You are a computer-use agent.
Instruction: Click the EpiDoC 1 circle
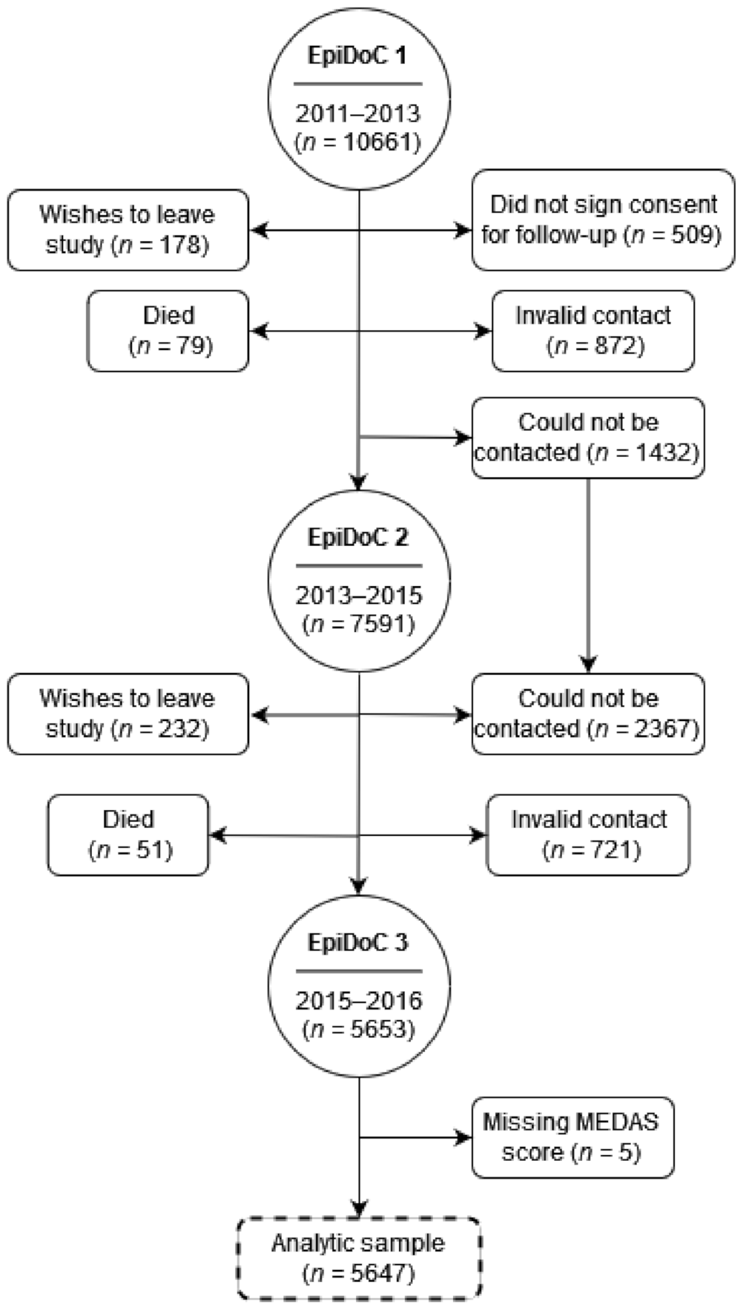coord(358,98)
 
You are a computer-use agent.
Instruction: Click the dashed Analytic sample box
coord(358,1258)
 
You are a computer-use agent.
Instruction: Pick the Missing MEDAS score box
coord(572,1137)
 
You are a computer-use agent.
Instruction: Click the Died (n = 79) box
coord(168,331)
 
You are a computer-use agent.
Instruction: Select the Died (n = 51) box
coord(128,834)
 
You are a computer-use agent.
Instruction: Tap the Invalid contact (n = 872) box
coord(593,331)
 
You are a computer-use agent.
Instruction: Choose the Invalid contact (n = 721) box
coord(588,834)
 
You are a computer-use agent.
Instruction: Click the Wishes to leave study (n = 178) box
coord(128,230)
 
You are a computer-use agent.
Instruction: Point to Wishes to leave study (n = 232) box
coord(128,714)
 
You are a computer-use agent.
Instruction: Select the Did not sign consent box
coord(603,220)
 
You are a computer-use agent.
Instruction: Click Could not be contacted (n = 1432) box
coord(588,437)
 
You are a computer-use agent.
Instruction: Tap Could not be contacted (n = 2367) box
coord(588,714)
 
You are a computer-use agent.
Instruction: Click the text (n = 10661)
coord(358,141)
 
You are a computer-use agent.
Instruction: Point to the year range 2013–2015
coord(358,595)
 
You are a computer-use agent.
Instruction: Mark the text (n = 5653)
coord(358,1029)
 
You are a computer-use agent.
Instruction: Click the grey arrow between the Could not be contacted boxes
coord(589,574)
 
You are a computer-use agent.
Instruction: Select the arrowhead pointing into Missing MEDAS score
coord(464,1137)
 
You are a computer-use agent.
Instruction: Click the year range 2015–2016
coord(358,1000)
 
